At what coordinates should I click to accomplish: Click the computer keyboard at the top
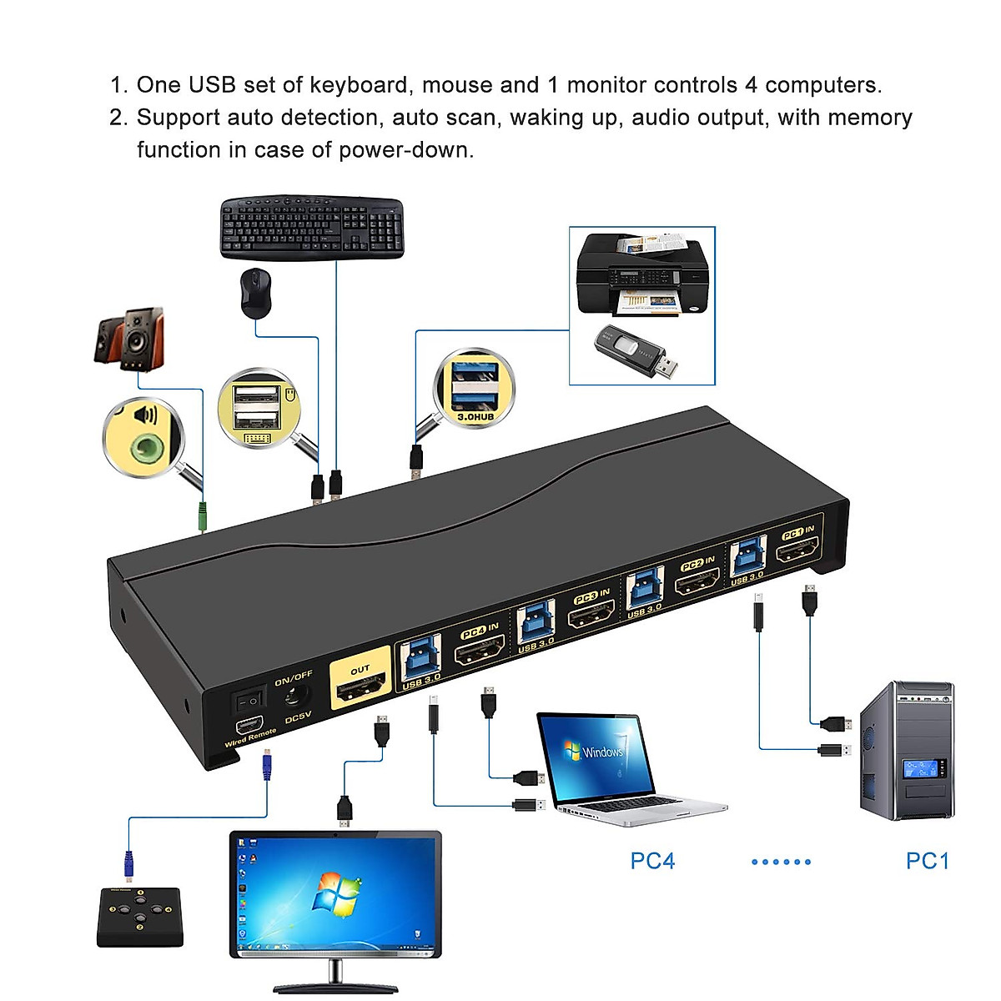coord(312,228)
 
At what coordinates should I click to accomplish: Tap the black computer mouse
coord(256,293)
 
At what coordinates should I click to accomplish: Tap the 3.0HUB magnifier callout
coord(474,389)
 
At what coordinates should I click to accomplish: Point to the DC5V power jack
coord(294,695)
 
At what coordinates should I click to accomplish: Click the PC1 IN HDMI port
coord(797,551)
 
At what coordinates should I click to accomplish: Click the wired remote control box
coord(140,917)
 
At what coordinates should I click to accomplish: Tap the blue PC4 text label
coord(652,861)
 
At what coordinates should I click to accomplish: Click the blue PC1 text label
coord(928,861)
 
